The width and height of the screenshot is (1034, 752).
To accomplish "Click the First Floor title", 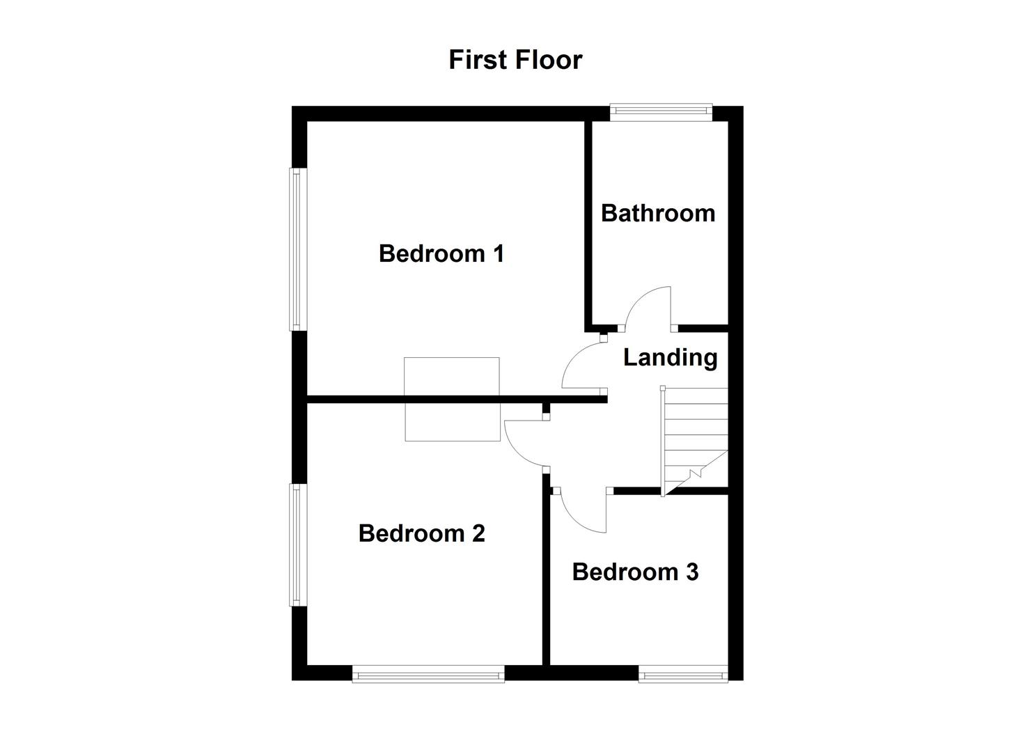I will [x=515, y=60].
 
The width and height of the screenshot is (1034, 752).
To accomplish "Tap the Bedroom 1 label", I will [x=441, y=253].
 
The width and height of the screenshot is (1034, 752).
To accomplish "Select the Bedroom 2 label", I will [x=421, y=533].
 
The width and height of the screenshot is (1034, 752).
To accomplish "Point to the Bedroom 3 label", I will [x=635, y=572].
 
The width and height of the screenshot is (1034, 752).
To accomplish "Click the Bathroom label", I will [x=658, y=213].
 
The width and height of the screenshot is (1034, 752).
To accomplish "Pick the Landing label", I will [x=670, y=357].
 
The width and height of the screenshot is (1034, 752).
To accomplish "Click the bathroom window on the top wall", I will [x=661, y=111].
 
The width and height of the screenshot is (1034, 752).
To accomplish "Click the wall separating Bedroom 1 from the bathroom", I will [x=588, y=223].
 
